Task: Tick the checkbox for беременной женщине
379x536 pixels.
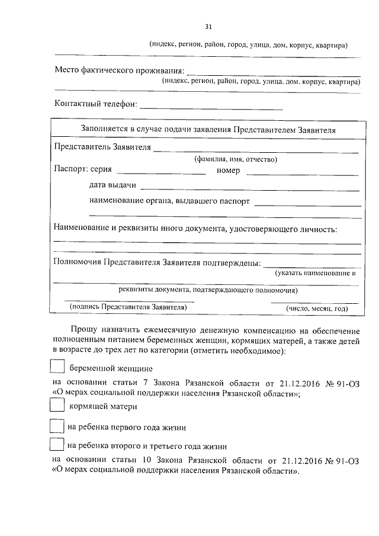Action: point(57,367)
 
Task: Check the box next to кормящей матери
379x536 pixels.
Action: point(57,406)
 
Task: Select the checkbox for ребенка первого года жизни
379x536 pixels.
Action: point(57,426)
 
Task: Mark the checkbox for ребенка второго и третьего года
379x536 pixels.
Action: point(57,445)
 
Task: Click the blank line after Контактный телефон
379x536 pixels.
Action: point(211,107)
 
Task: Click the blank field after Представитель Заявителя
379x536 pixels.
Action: point(256,150)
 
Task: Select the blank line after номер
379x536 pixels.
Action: point(302,172)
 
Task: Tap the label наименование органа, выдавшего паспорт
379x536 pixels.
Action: point(169,201)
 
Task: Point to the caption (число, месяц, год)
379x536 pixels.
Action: point(316,309)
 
